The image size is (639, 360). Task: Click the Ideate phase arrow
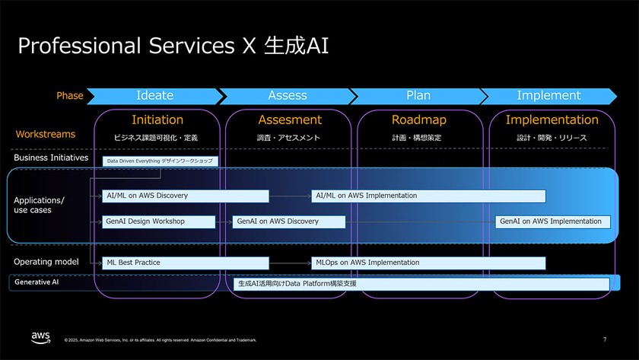[x=154, y=96]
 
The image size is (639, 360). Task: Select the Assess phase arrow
[x=288, y=96]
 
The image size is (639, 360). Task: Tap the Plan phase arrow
[x=418, y=96]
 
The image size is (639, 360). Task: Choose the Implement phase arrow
[x=548, y=96]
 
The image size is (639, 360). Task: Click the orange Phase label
[x=70, y=96]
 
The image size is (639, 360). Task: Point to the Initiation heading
[x=157, y=120]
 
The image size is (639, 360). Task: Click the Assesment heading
[x=289, y=120]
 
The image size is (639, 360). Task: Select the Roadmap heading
[x=419, y=120]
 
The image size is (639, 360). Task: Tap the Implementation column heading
[x=552, y=120]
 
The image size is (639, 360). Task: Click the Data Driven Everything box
[x=161, y=161]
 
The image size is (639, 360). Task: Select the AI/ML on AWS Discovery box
[x=186, y=196]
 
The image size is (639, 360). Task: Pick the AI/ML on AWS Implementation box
[x=428, y=196]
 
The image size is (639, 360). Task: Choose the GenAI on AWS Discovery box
[x=289, y=221]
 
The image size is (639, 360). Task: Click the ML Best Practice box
[x=186, y=263]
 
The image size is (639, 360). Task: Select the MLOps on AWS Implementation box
[x=428, y=263]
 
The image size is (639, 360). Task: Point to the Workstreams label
[x=46, y=135]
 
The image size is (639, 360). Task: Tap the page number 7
[x=605, y=339]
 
